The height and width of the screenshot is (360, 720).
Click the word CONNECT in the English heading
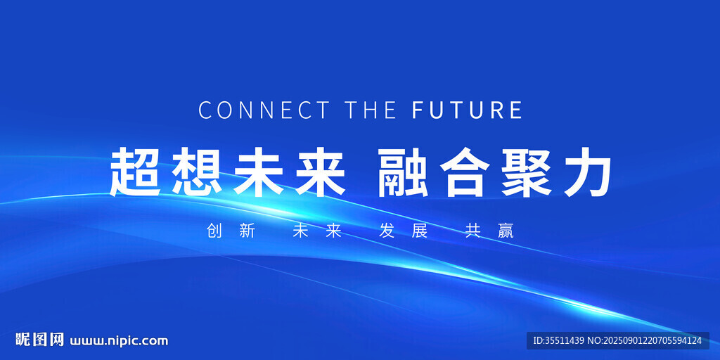pos(264,110)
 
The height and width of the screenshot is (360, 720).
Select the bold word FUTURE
pos(467,110)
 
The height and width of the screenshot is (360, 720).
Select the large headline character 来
pos(320,172)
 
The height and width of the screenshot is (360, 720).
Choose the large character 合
pos(465,172)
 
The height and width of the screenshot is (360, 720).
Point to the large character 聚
pos(527,172)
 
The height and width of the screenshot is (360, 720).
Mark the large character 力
pos(587,172)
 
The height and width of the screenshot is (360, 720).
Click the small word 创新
pos(231,231)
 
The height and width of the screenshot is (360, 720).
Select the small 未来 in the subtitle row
pos(317,231)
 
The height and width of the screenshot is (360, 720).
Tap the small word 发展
pos(403,231)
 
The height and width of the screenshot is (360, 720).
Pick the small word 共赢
pos(489,231)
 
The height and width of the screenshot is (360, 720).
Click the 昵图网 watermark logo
pos(40,340)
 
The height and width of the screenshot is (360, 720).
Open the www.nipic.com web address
pos(119,341)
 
